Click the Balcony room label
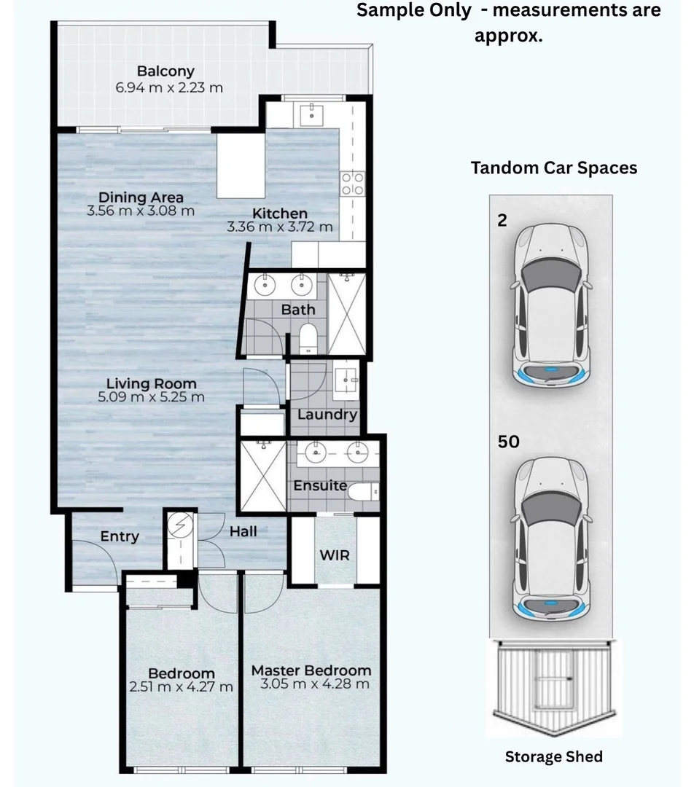point(165,71)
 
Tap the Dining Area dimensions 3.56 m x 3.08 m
point(141,211)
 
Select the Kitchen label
point(280,214)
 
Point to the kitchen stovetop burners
point(353,184)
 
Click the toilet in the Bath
point(308,338)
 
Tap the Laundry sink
point(346,384)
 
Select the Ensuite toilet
point(363,492)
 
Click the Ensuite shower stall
point(262,476)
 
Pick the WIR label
point(335,555)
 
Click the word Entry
point(120,536)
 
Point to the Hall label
point(243,531)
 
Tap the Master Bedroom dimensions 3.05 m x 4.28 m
point(315,684)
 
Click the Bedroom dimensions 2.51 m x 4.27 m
point(182,686)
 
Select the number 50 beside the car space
point(508,442)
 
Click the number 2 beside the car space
point(502,220)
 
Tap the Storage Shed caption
point(554,756)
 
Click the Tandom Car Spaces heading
point(554,168)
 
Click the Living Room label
point(151,383)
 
